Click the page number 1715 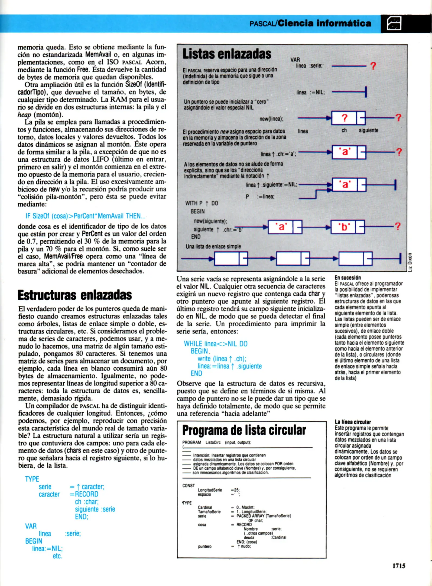coord(399,566)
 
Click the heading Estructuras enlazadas coord(75,295)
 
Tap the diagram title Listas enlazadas coord(227,54)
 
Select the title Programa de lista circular coord(244,430)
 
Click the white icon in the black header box coord(394,24)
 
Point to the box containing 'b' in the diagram coord(344,227)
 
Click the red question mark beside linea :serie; coord(373,66)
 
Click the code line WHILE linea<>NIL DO coord(216,344)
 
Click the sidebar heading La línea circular coord(353,422)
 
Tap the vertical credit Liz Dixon coord(410,262)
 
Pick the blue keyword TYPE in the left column coord(32,479)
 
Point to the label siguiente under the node coord(368,130)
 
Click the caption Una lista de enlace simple coord(213,246)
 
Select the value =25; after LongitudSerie coord(235,490)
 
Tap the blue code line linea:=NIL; coord(47,549)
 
